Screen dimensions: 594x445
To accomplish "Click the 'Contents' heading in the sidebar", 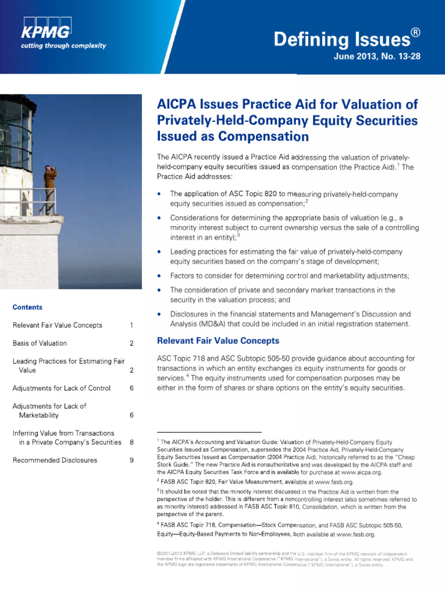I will click(x=27, y=307).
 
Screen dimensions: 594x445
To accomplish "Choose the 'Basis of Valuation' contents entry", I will click(x=39, y=343).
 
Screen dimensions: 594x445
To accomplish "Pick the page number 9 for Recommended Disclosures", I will click(x=132, y=460).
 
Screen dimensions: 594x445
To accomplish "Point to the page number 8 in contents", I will click(x=132, y=442).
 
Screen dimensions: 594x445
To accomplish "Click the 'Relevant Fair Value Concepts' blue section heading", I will click(x=218, y=341).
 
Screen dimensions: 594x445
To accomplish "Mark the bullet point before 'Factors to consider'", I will click(x=159, y=275).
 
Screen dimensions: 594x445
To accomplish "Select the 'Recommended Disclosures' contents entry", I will click(x=54, y=460).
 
